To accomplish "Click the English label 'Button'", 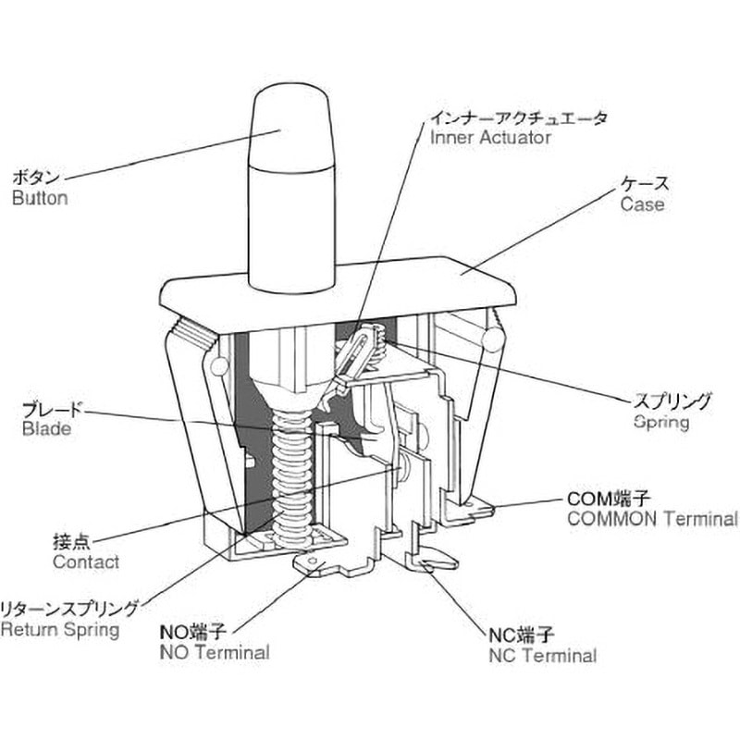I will click(x=40, y=198).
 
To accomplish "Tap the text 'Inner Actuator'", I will click(x=490, y=138).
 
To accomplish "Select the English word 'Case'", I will click(x=643, y=204).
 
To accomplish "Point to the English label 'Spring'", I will click(x=662, y=423).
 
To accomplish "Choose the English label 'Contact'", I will click(x=60, y=561).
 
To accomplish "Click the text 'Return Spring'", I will click(x=60, y=630).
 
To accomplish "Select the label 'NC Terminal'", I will click(x=542, y=656).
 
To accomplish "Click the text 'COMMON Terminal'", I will click(x=652, y=519).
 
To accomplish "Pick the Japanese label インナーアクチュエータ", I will click(x=519, y=117).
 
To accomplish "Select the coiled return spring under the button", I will click(x=294, y=472).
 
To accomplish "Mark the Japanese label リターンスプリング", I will click(x=69, y=609).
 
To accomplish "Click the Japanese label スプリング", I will click(x=672, y=401).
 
